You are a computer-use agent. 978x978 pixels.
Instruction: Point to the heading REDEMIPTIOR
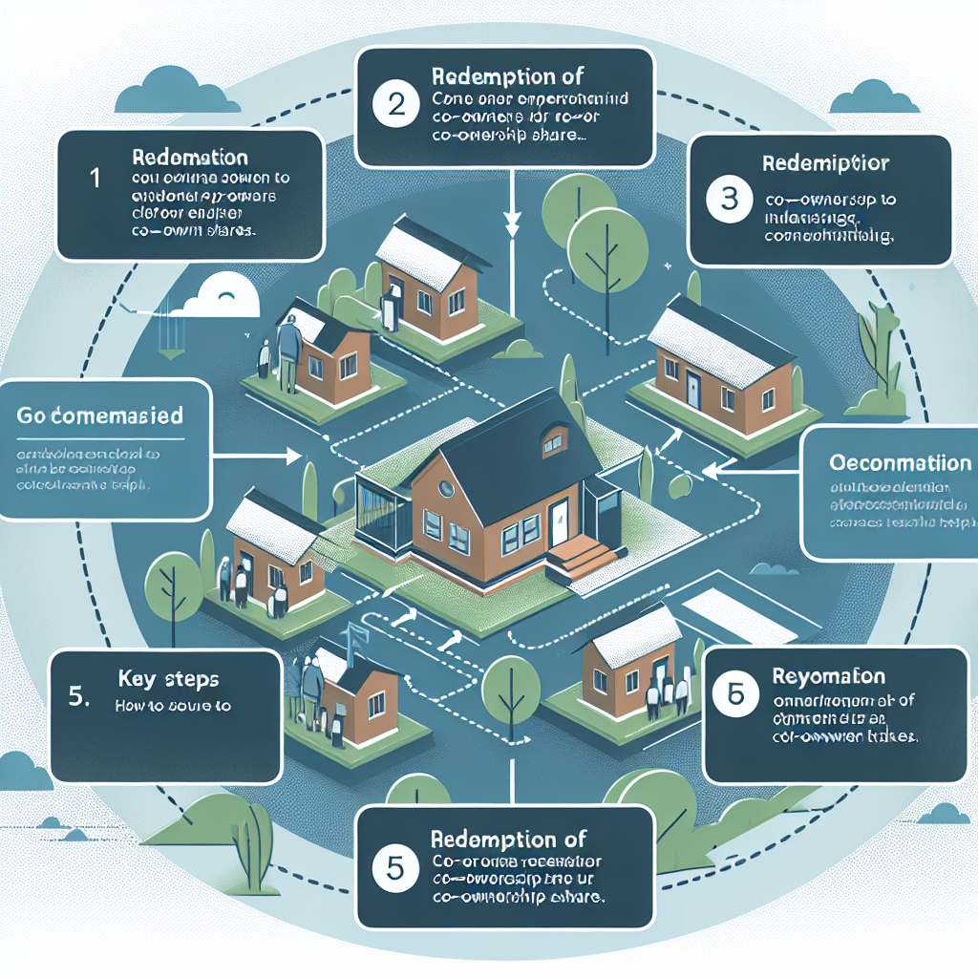click(x=826, y=163)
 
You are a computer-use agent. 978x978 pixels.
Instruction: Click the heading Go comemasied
click(x=100, y=417)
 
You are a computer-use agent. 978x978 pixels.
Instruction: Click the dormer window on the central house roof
click(x=551, y=442)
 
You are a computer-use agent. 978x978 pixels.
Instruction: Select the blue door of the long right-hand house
click(x=692, y=388)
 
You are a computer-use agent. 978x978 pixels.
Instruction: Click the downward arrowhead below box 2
click(x=513, y=227)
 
